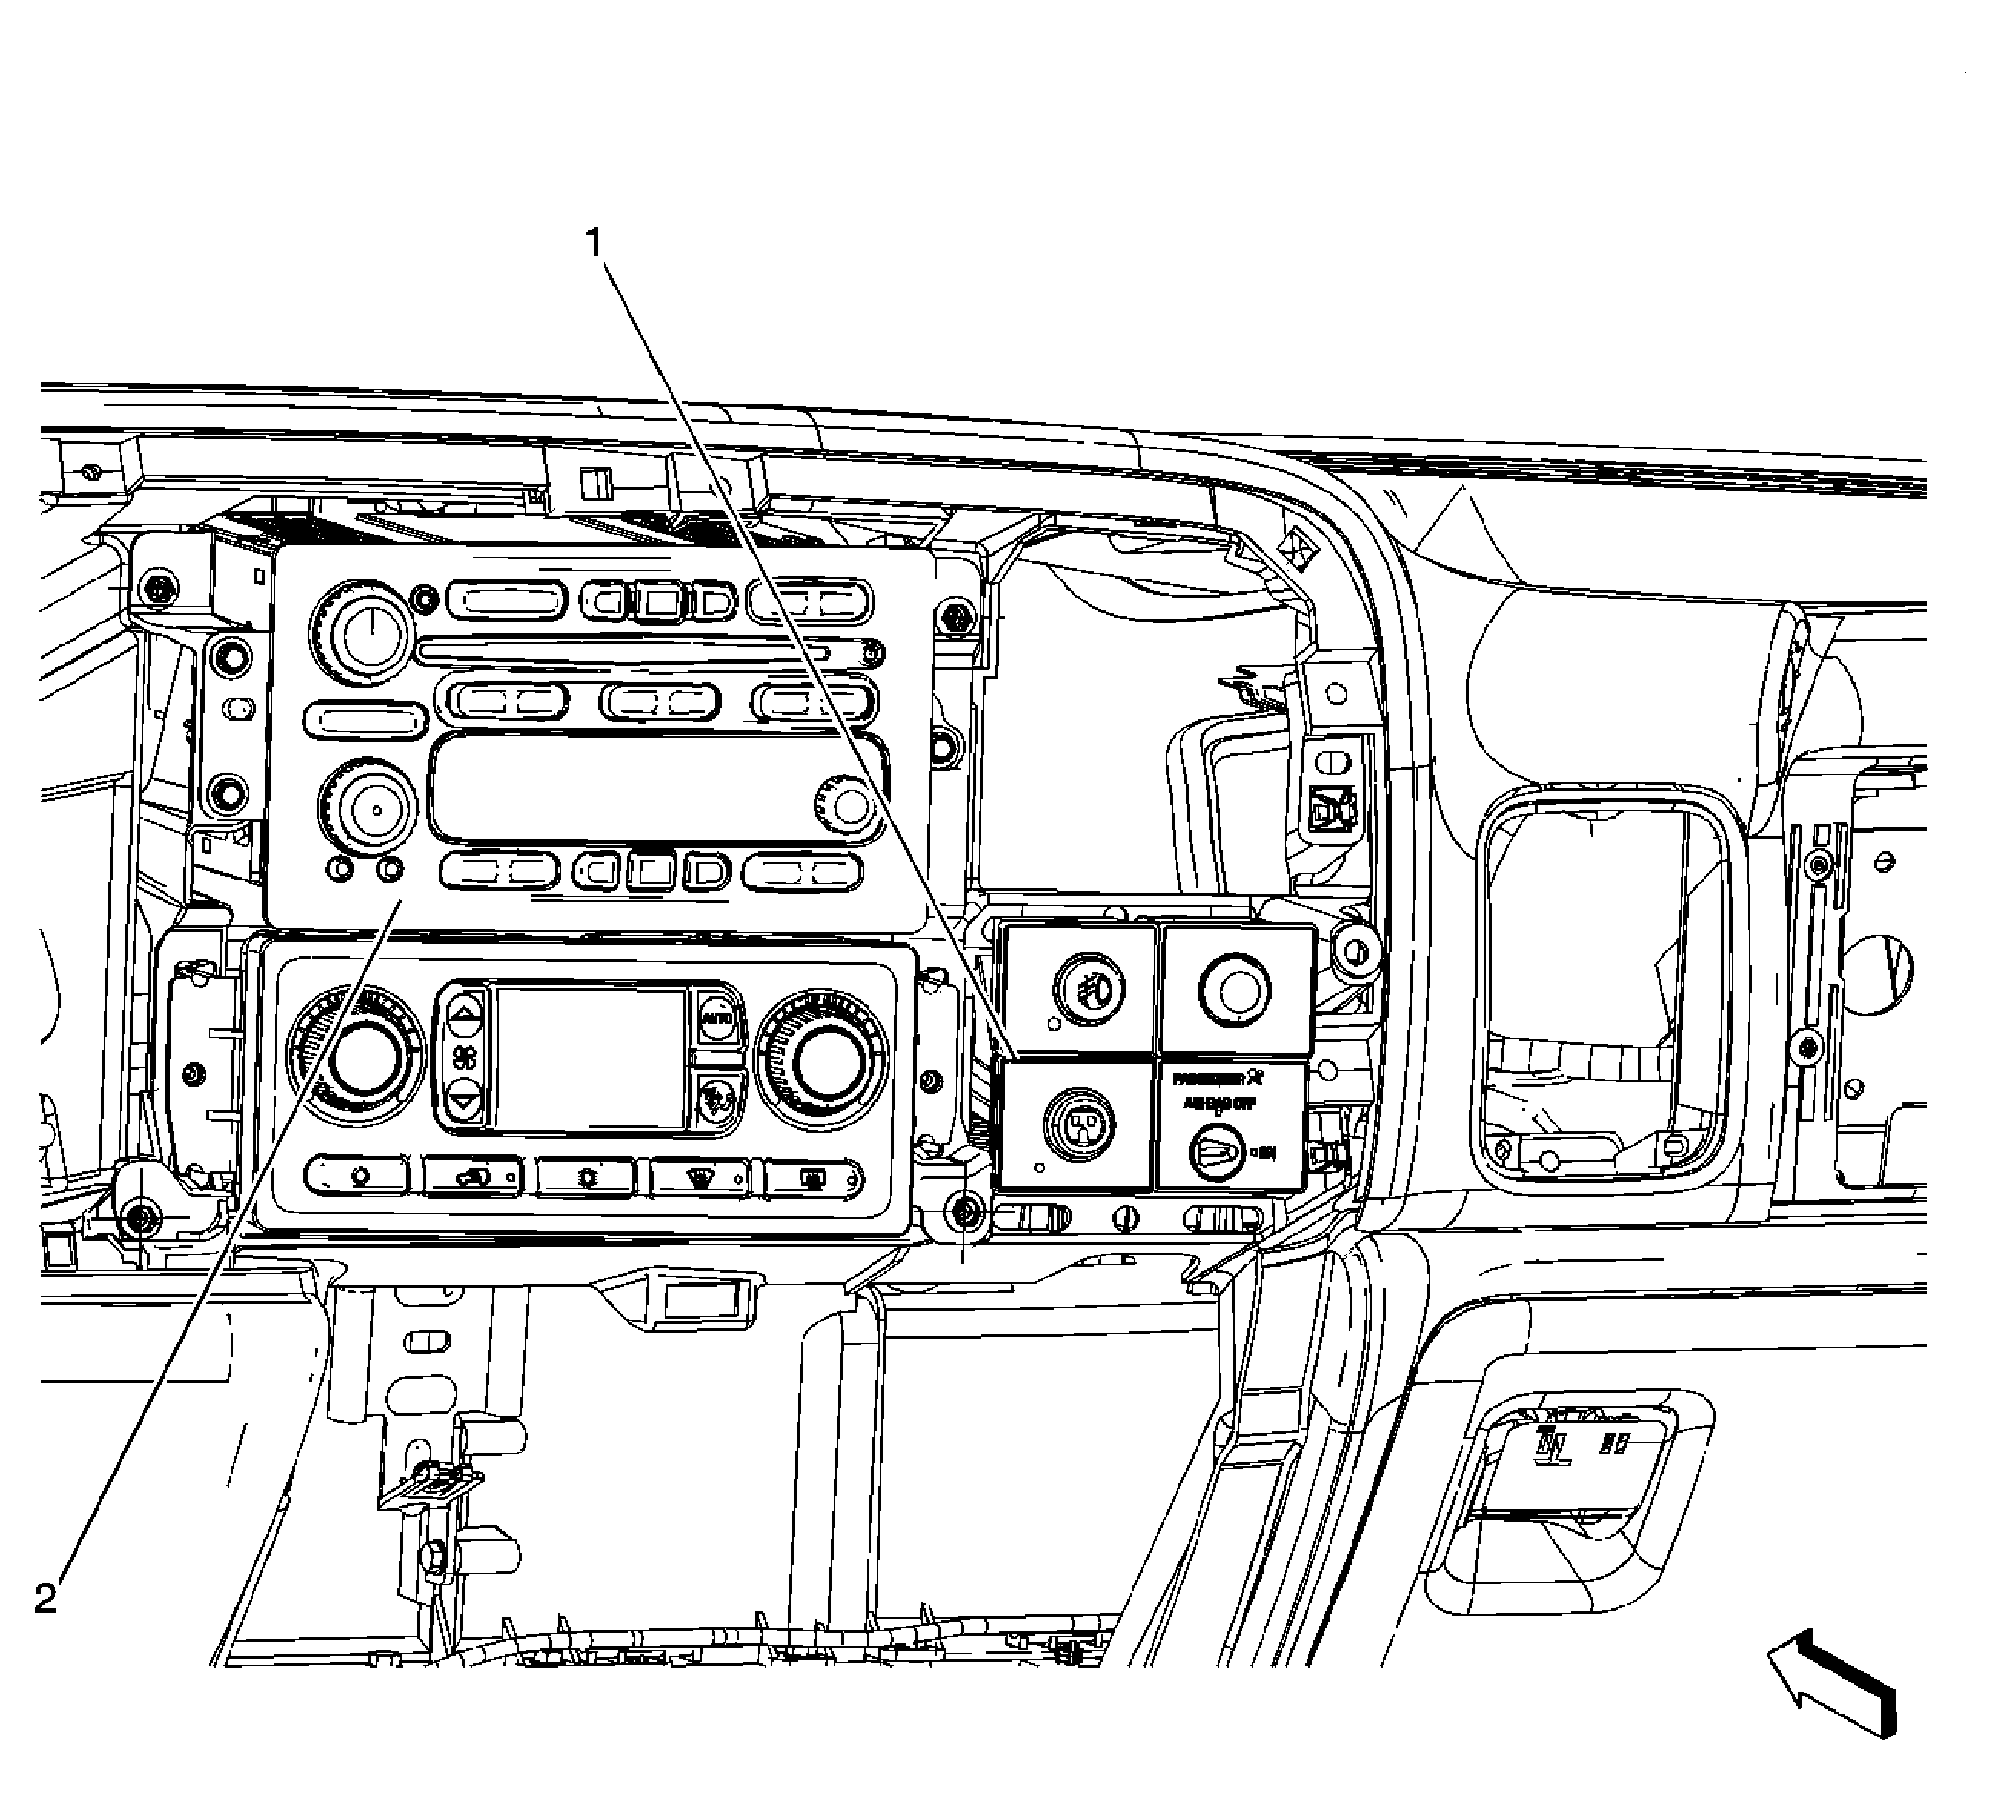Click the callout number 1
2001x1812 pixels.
[x=595, y=242]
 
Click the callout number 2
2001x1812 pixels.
[x=46, y=1599]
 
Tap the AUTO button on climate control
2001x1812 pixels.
[x=714, y=1017]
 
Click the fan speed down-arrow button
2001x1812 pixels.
[x=464, y=1099]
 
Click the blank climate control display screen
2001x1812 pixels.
[x=590, y=1057]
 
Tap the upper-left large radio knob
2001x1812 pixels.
[x=363, y=627]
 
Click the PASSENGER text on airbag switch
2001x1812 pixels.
[x=1212, y=1078]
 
